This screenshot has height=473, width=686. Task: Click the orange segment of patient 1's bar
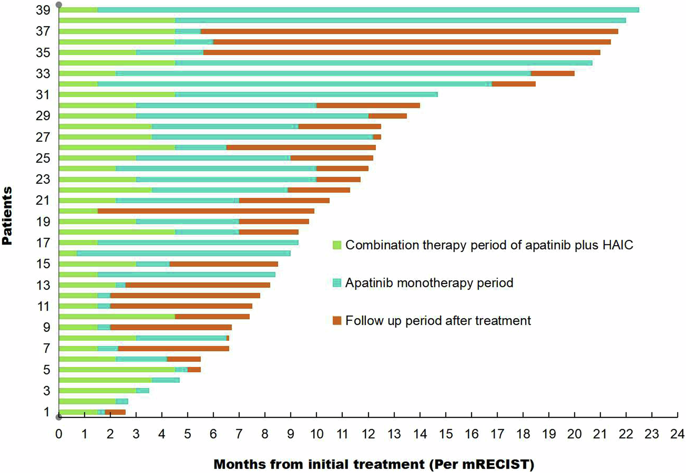tap(115, 412)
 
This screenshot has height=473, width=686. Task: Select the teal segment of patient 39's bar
tap(368, 10)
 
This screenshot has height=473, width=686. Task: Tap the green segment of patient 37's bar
tap(117, 31)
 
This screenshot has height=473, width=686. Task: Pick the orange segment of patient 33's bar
tap(553, 73)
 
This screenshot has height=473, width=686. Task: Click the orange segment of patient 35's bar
tap(402, 52)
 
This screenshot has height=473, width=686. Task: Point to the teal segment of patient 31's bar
tap(306, 94)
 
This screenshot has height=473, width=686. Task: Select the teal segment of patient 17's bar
tap(198, 242)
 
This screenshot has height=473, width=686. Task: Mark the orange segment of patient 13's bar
tap(198, 285)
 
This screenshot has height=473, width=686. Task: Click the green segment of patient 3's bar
tap(97, 390)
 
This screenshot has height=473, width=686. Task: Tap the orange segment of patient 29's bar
tap(387, 116)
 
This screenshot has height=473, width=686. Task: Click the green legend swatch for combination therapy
tap(337, 245)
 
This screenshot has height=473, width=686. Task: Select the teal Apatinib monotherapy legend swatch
tap(337, 283)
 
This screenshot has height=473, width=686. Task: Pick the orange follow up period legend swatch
tap(337, 321)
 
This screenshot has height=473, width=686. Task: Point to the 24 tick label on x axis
tap(677, 434)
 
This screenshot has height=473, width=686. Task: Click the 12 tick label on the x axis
tap(368, 434)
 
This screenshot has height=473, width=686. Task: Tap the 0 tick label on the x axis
tap(59, 434)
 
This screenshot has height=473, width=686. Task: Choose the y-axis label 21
tap(43, 200)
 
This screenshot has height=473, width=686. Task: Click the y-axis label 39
tap(43, 10)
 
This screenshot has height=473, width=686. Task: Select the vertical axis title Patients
tap(7, 215)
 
